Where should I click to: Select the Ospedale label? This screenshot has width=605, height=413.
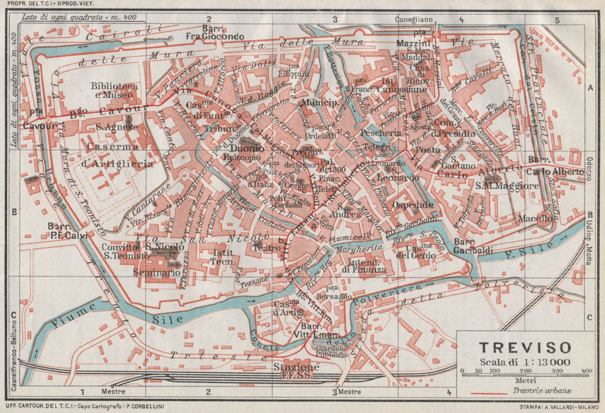(413, 205)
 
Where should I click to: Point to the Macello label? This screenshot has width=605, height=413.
(535, 218)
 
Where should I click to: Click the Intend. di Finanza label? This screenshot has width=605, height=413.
(364, 266)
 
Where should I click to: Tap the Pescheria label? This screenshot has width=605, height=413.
(380, 133)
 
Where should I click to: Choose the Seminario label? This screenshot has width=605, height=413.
(157, 272)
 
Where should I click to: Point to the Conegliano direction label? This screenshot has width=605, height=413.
(413, 19)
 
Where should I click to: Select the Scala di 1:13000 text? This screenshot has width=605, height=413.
(525, 362)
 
